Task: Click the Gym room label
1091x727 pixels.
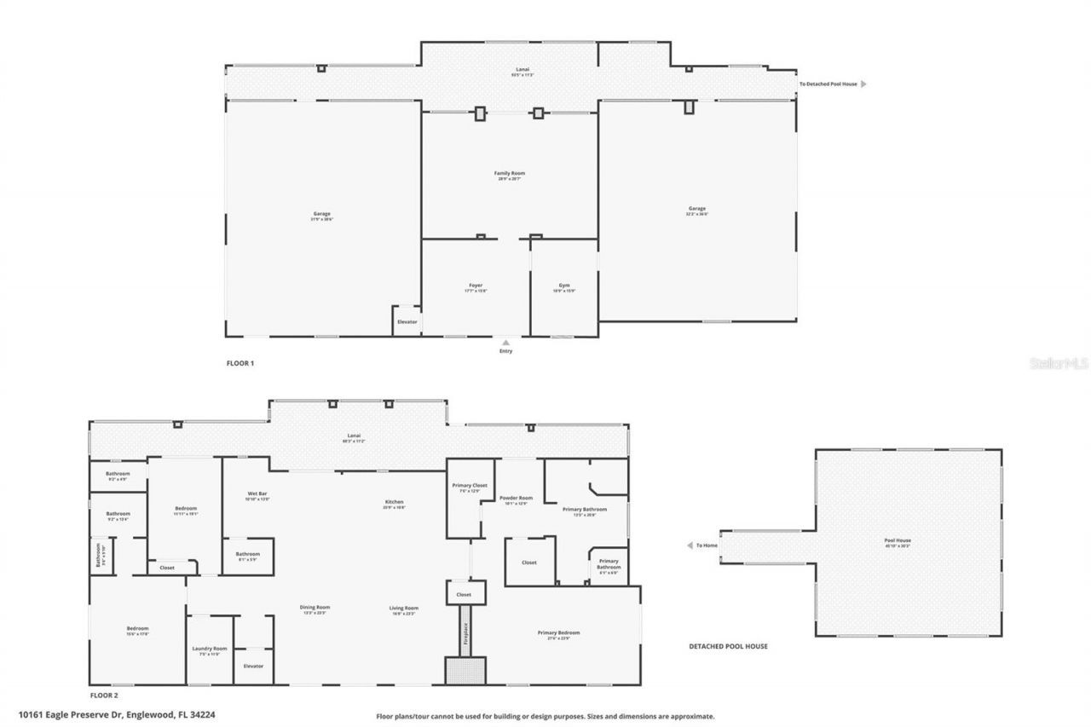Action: tap(564, 286)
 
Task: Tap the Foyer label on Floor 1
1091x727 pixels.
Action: tap(475, 286)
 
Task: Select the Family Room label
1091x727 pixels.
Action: tap(510, 174)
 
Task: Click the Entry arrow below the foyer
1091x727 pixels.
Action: tap(505, 342)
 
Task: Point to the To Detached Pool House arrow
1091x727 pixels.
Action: tap(863, 84)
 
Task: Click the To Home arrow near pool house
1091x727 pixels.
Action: tap(690, 545)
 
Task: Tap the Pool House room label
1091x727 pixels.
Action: tap(898, 540)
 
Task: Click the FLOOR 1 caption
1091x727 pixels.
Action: tap(240, 363)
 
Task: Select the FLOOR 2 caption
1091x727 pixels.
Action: tap(104, 695)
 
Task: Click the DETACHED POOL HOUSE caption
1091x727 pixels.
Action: tap(728, 646)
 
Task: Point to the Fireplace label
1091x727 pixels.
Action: tap(465, 631)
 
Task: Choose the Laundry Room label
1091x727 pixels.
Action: tap(209, 649)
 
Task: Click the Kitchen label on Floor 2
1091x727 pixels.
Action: tap(394, 503)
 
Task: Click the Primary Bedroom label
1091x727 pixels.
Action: tap(558, 632)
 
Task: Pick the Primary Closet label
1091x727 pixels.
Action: tap(469, 486)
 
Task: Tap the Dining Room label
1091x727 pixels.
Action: tap(314, 608)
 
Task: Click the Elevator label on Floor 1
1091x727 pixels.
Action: tap(407, 321)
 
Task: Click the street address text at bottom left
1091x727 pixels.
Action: tap(117, 715)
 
